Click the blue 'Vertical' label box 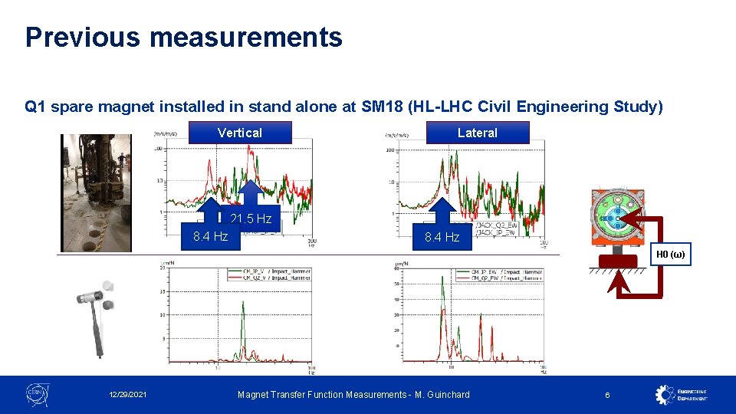click(x=240, y=133)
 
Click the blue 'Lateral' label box click(x=477, y=133)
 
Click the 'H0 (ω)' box click(x=672, y=255)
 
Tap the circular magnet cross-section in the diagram click(x=615, y=219)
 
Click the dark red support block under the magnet click(x=616, y=261)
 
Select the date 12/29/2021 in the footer click(x=128, y=395)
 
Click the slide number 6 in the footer click(x=607, y=395)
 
